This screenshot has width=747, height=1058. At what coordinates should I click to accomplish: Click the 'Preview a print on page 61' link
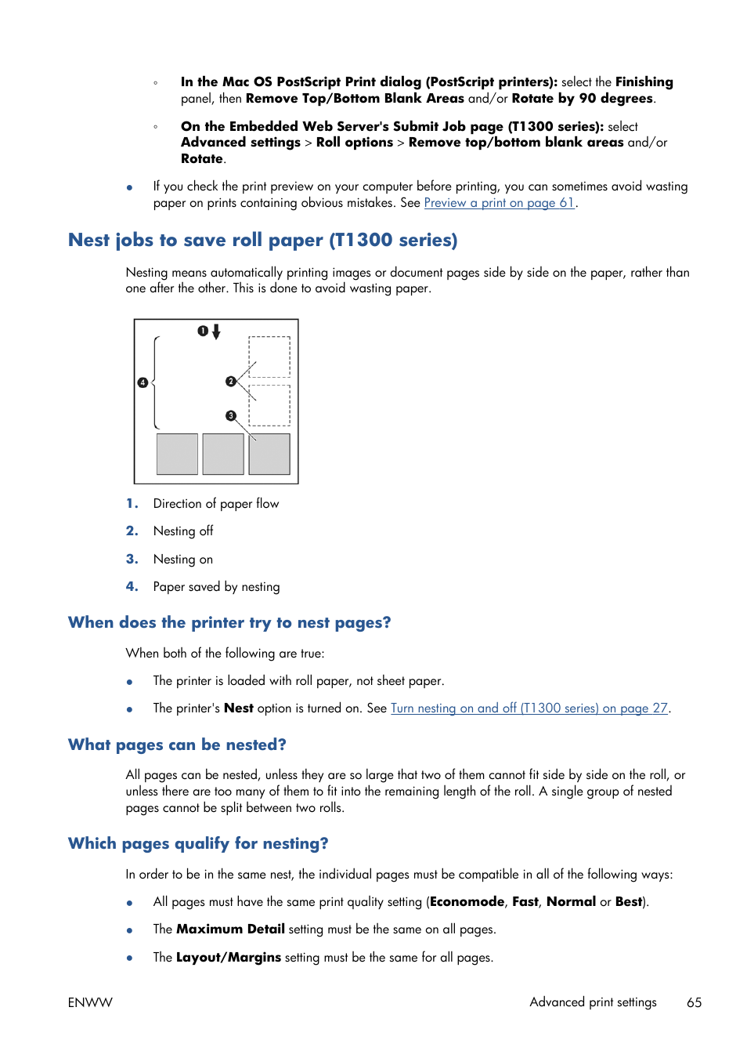tap(499, 203)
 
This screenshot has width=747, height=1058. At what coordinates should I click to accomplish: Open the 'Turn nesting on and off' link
tap(529, 708)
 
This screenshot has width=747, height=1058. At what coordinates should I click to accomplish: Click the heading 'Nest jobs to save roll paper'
tap(262, 241)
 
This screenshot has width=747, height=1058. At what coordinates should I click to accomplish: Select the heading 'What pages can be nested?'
tap(177, 745)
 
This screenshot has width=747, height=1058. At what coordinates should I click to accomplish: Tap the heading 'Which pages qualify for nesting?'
tap(198, 843)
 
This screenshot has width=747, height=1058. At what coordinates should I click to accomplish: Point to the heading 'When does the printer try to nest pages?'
tap(229, 623)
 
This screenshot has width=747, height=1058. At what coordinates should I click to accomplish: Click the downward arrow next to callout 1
tap(216, 332)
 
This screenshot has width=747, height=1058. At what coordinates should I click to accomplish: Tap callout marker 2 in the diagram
tap(230, 382)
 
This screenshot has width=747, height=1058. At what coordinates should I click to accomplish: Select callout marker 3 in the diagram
tap(230, 416)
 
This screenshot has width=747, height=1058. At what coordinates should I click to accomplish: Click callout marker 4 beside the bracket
tap(143, 383)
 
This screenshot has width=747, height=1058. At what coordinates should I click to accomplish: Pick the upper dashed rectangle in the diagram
tap(269, 357)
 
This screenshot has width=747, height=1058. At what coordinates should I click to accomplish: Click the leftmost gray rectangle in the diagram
tap(177, 454)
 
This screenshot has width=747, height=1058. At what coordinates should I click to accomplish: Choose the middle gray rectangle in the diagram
tap(223, 454)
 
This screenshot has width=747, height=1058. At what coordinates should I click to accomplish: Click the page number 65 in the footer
tap(694, 1002)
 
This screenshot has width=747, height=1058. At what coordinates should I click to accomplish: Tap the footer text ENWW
tap(90, 1002)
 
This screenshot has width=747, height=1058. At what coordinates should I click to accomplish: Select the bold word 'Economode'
tap(467, 902)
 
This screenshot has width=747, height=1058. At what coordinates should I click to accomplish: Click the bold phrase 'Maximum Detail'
tap(230, 929)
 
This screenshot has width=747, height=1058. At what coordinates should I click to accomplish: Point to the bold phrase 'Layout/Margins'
tap(228, 958)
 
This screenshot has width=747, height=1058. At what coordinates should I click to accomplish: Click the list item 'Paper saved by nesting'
tap(216, 587)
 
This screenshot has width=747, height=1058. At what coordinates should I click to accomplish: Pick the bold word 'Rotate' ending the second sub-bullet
tap(202, 159)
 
